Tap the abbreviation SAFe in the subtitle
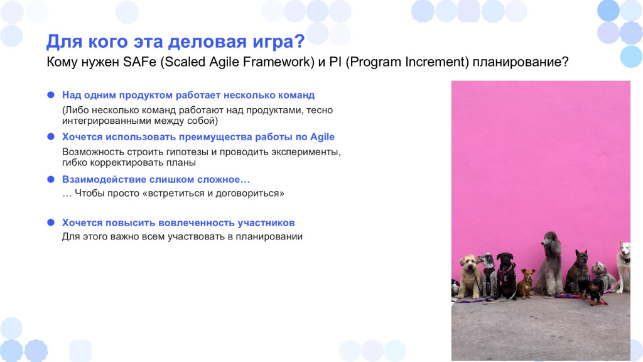coord(140,62)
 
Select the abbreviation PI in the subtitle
coord(335,62)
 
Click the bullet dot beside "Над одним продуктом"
coord(51,95)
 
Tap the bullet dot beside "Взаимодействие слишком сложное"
coord(51,179)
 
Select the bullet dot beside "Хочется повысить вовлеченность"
coord(51,222)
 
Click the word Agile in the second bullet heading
coord(322,137)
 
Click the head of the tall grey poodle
coord(549,239)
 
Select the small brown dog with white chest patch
coord(526,283)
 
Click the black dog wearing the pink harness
coord(506,276)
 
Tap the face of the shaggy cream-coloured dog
coord(468,265)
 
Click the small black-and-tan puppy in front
coord(595,290)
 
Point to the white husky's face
coord(625,250)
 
